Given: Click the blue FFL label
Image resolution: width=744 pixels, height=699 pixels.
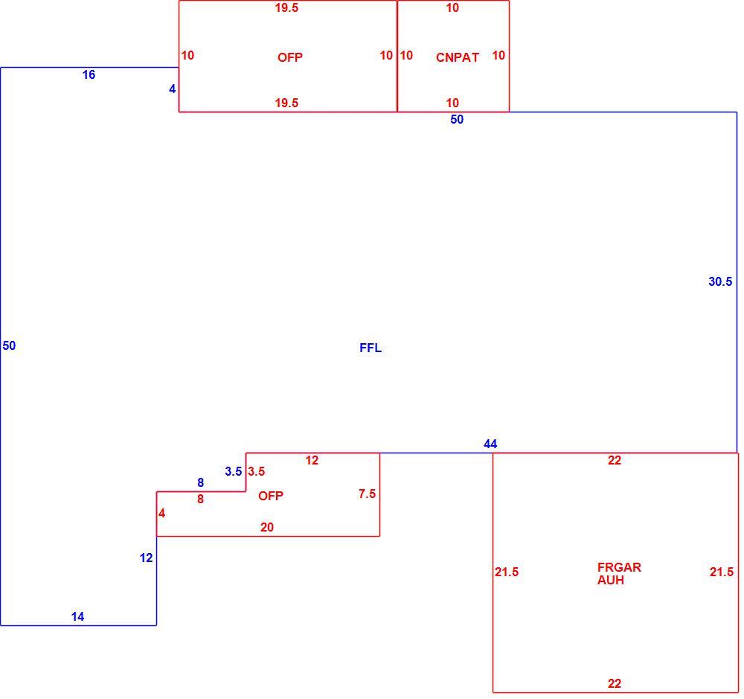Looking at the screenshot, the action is click(x=371, y=348).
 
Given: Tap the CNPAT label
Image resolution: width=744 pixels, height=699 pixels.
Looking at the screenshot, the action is click(x=458, y=57).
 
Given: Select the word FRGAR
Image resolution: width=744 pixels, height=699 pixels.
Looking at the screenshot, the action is click(x=619, y=567).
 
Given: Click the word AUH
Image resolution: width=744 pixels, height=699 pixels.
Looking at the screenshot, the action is click(x=611, y=581).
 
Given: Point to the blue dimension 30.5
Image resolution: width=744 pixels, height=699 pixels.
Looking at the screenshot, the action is click(x=720, y=281).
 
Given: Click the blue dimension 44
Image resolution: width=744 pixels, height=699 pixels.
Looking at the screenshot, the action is click(x=490, y=444).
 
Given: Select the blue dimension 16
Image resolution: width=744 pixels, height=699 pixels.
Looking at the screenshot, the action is click(x=89, y=74).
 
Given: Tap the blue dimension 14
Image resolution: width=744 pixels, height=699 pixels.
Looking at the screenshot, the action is click(x=78, y=617).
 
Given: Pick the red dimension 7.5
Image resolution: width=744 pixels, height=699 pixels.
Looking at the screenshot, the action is click(x=368, y=494).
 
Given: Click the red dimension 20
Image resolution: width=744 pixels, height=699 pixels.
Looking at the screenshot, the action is click(x=267, y=527).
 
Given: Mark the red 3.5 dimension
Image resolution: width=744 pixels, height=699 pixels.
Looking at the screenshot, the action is click(x=256, y=471).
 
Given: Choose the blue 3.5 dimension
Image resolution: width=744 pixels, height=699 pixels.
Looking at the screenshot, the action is click(x=234, y=471).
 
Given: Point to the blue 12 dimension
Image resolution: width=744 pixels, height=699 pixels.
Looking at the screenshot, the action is click(x=146, y=558).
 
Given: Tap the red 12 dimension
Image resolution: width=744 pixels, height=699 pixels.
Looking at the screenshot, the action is click(x=312, y=460).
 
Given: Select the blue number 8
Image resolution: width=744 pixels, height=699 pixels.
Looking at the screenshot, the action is click(x=201, y=483).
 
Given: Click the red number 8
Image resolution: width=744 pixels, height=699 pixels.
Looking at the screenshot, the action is click(x=201, y=499).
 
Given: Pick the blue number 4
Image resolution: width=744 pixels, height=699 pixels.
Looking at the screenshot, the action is click(x=173, y=89).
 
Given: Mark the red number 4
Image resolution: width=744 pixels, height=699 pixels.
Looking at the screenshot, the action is click(x=161, y=514).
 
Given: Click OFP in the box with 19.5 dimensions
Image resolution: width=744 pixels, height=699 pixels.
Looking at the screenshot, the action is click(x=290, y=57).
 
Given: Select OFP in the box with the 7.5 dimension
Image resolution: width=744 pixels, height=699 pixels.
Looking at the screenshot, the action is click(x=271, y=496).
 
